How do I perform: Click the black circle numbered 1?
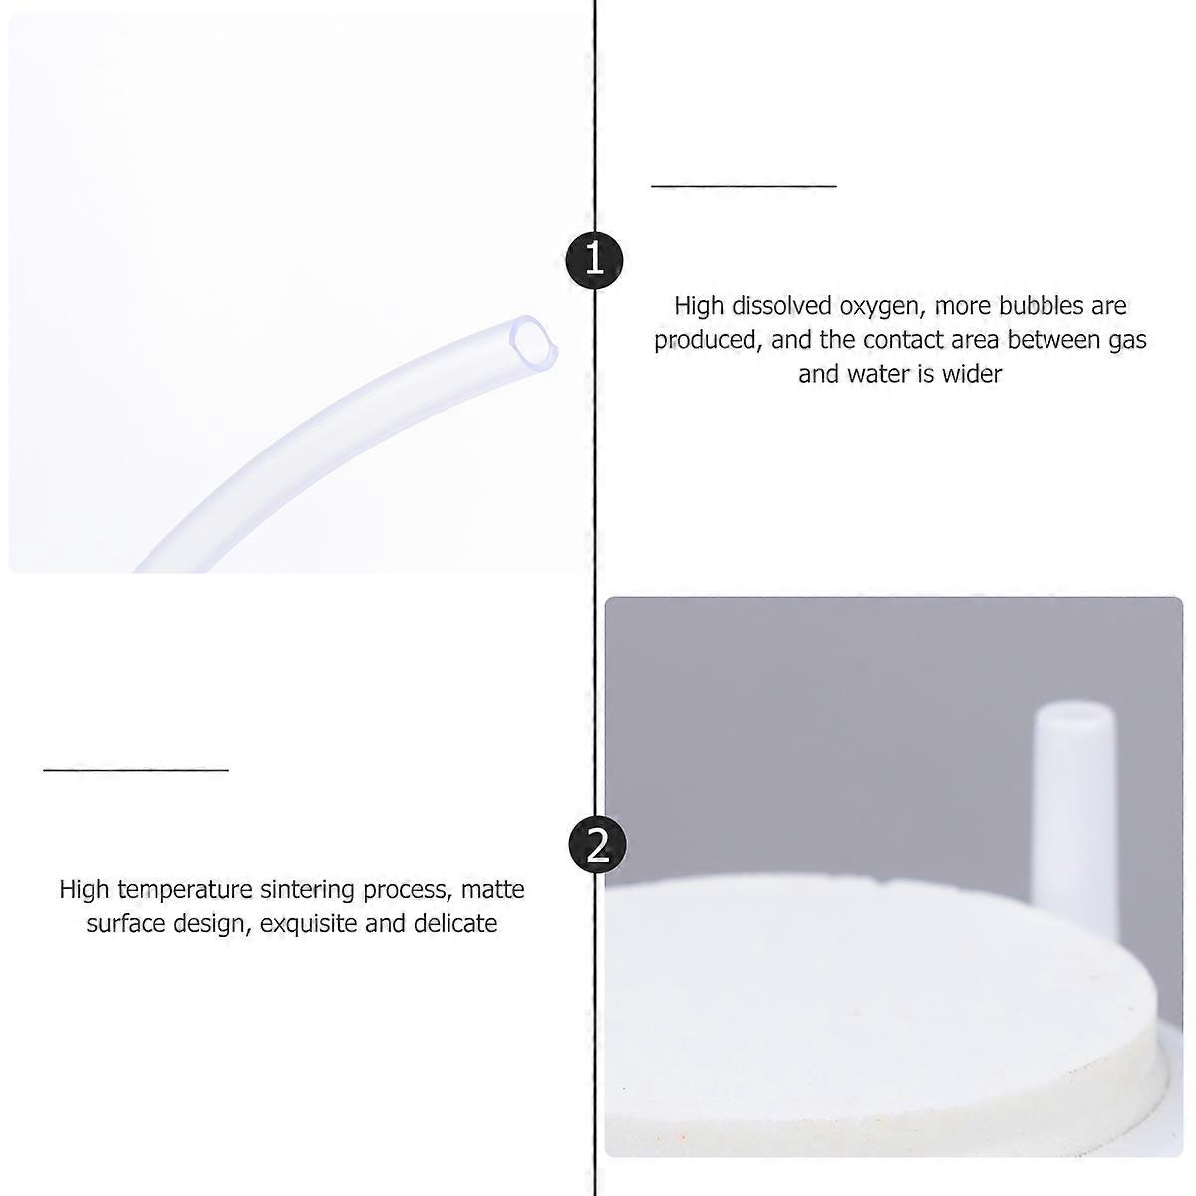[595, 259]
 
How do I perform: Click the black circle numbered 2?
[597, 845]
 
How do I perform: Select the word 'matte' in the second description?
[492, 889]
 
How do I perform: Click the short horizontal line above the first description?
[744, 185]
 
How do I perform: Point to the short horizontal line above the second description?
[136, 769]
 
